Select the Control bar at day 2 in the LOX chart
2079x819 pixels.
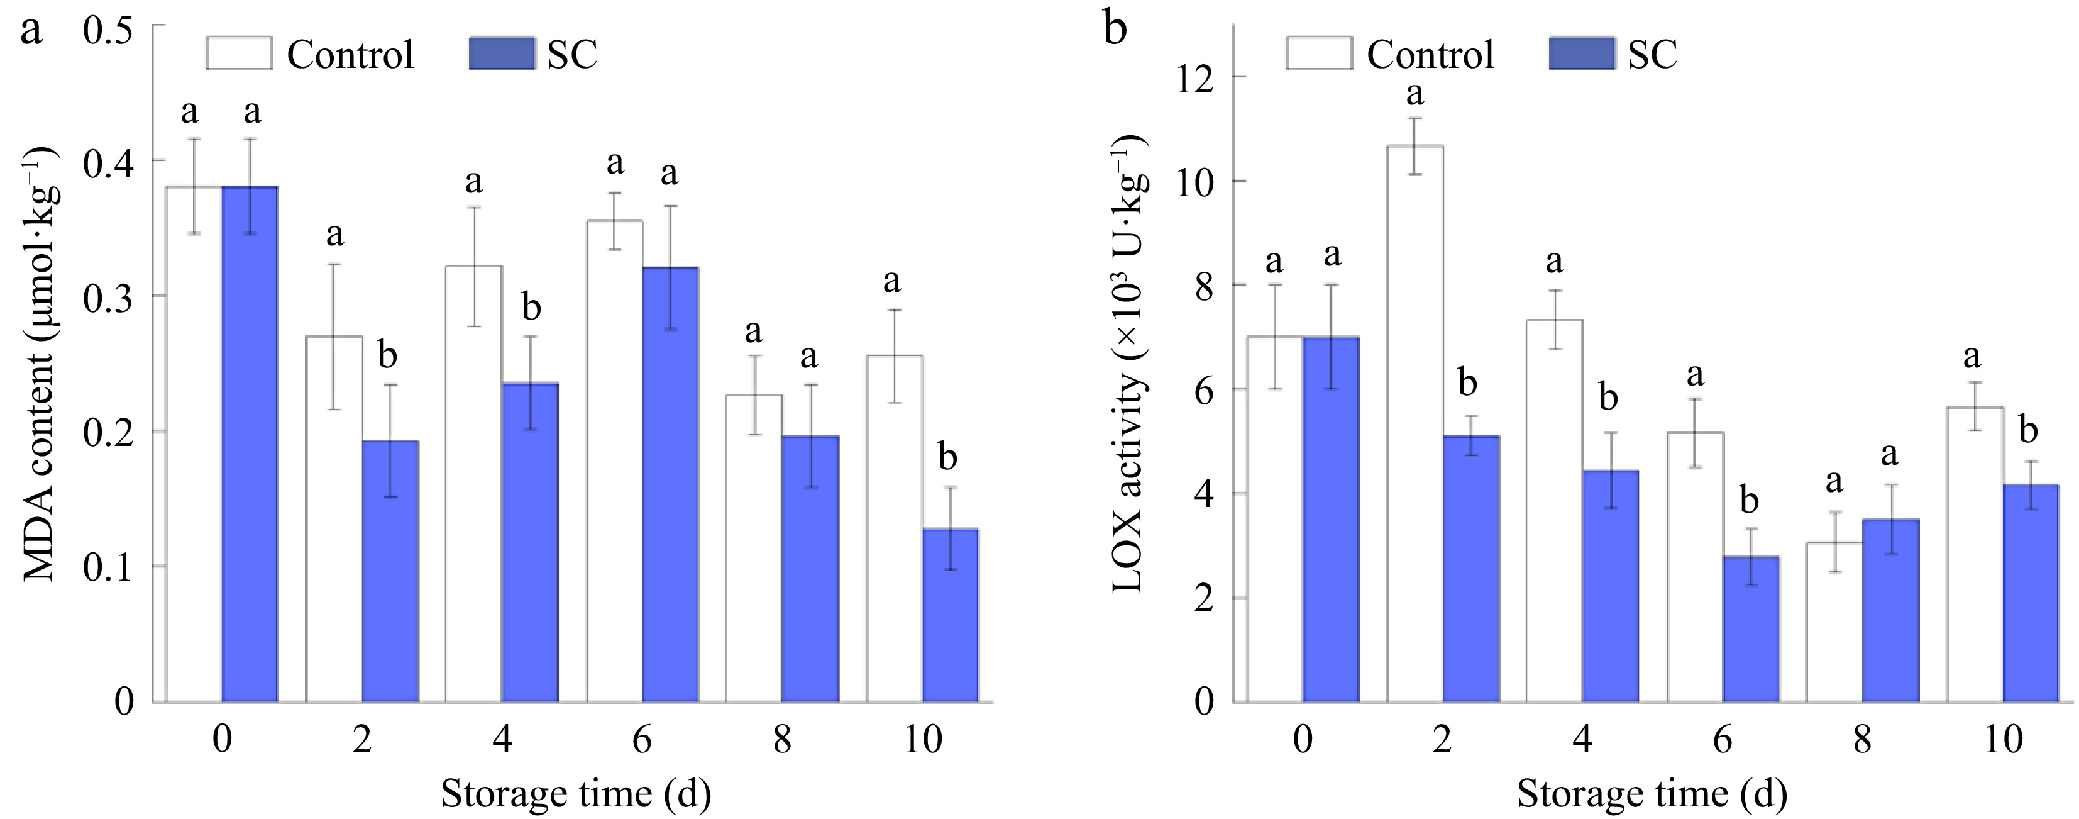point(1414,424)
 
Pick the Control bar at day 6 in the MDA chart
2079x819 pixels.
point(614,460)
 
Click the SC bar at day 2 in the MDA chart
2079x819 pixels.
point(390,571)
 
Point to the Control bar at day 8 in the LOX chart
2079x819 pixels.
point(1834,622)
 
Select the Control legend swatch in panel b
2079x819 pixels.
point(1319,53)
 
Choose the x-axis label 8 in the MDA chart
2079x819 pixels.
point(781,739)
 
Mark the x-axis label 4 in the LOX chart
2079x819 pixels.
point(1582,739)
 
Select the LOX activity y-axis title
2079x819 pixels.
point(1128,364)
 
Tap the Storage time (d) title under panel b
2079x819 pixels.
point(1652,793)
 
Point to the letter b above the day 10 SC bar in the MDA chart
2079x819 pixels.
point(947,457)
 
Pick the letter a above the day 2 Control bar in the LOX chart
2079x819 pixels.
point(1414,94)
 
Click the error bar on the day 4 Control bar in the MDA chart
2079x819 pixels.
point(474,267)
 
